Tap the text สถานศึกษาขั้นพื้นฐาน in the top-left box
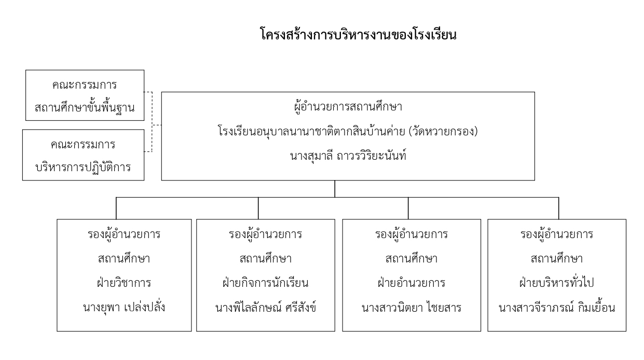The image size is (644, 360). (x=85, y=108)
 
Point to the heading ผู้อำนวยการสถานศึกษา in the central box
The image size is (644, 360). (x=348, y=107)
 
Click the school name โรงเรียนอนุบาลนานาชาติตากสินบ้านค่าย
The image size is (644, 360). (x=311, y=132)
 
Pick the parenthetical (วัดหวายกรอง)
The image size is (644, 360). (x=443, y=132)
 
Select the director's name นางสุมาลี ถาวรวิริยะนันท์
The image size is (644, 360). (x=348, y=156)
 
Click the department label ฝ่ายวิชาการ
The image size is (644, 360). (x=124, y=283)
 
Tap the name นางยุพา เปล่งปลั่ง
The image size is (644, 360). (x=124, y=308)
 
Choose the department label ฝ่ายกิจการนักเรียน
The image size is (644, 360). (x=265, y=283)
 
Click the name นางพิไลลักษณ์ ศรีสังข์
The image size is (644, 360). (x=265, y=308)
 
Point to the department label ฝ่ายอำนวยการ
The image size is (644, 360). (x=412, y=283)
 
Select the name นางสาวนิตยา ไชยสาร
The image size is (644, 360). (x=412, y=308)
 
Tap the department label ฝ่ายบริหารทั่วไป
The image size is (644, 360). (x=557, y=283)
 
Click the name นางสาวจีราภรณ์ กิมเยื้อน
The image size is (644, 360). (x=557, y=308)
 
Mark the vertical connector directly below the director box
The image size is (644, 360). (x=335, y=189)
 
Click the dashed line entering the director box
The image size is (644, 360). (x=157, y=125)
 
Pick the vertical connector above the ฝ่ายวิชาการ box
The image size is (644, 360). (x=116, y=209)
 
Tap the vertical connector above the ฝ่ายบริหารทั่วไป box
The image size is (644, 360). (x=558, y=209)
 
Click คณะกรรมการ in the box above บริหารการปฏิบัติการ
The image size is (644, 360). (x=83, y=145)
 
